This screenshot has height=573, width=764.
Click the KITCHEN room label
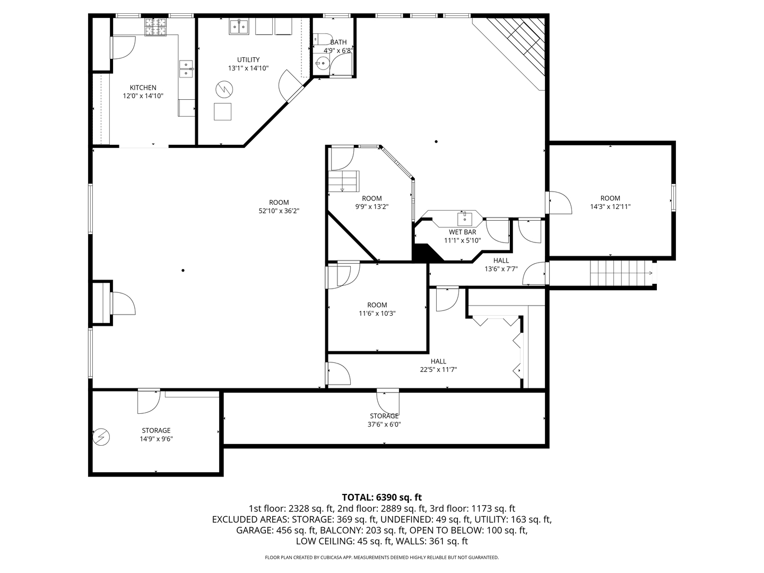tap(143, 88)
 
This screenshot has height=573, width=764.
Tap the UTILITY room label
tap(248, 59)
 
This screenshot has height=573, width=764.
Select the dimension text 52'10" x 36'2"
tap(279, 211)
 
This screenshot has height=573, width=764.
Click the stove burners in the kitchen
tap(156, 27)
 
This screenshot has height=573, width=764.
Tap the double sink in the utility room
tap(239, 27)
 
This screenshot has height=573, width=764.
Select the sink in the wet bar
tap(465, 218)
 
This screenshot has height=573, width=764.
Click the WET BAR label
tap(462, 232)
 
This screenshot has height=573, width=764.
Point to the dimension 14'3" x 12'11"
tap(610, 207)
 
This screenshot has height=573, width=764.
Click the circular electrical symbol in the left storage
tap(101, 437)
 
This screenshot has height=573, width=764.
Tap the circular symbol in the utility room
tap(223, 89)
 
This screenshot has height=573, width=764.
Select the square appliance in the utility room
tap(223, 111)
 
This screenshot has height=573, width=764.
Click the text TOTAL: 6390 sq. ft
tap(381, 497)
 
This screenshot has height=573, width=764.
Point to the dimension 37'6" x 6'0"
tap(384, 424)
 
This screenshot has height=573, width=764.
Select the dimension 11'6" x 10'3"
tap(377, 313)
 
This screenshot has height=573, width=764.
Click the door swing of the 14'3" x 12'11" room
tap(560, 203)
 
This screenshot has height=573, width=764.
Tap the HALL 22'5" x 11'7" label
tap(438, 366)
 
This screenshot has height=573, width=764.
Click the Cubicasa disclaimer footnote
tap(381, 558)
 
